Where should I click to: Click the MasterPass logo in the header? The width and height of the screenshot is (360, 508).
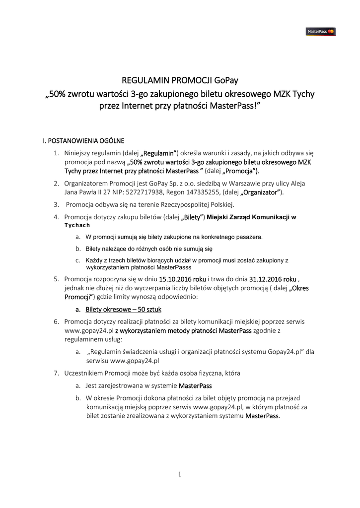coord(320,32)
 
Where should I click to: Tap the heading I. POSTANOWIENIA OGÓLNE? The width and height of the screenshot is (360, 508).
coord(83,140)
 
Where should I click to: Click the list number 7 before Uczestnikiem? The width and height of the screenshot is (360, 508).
coord(56,373)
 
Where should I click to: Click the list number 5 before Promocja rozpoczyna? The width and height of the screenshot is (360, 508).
coord(56,279)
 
